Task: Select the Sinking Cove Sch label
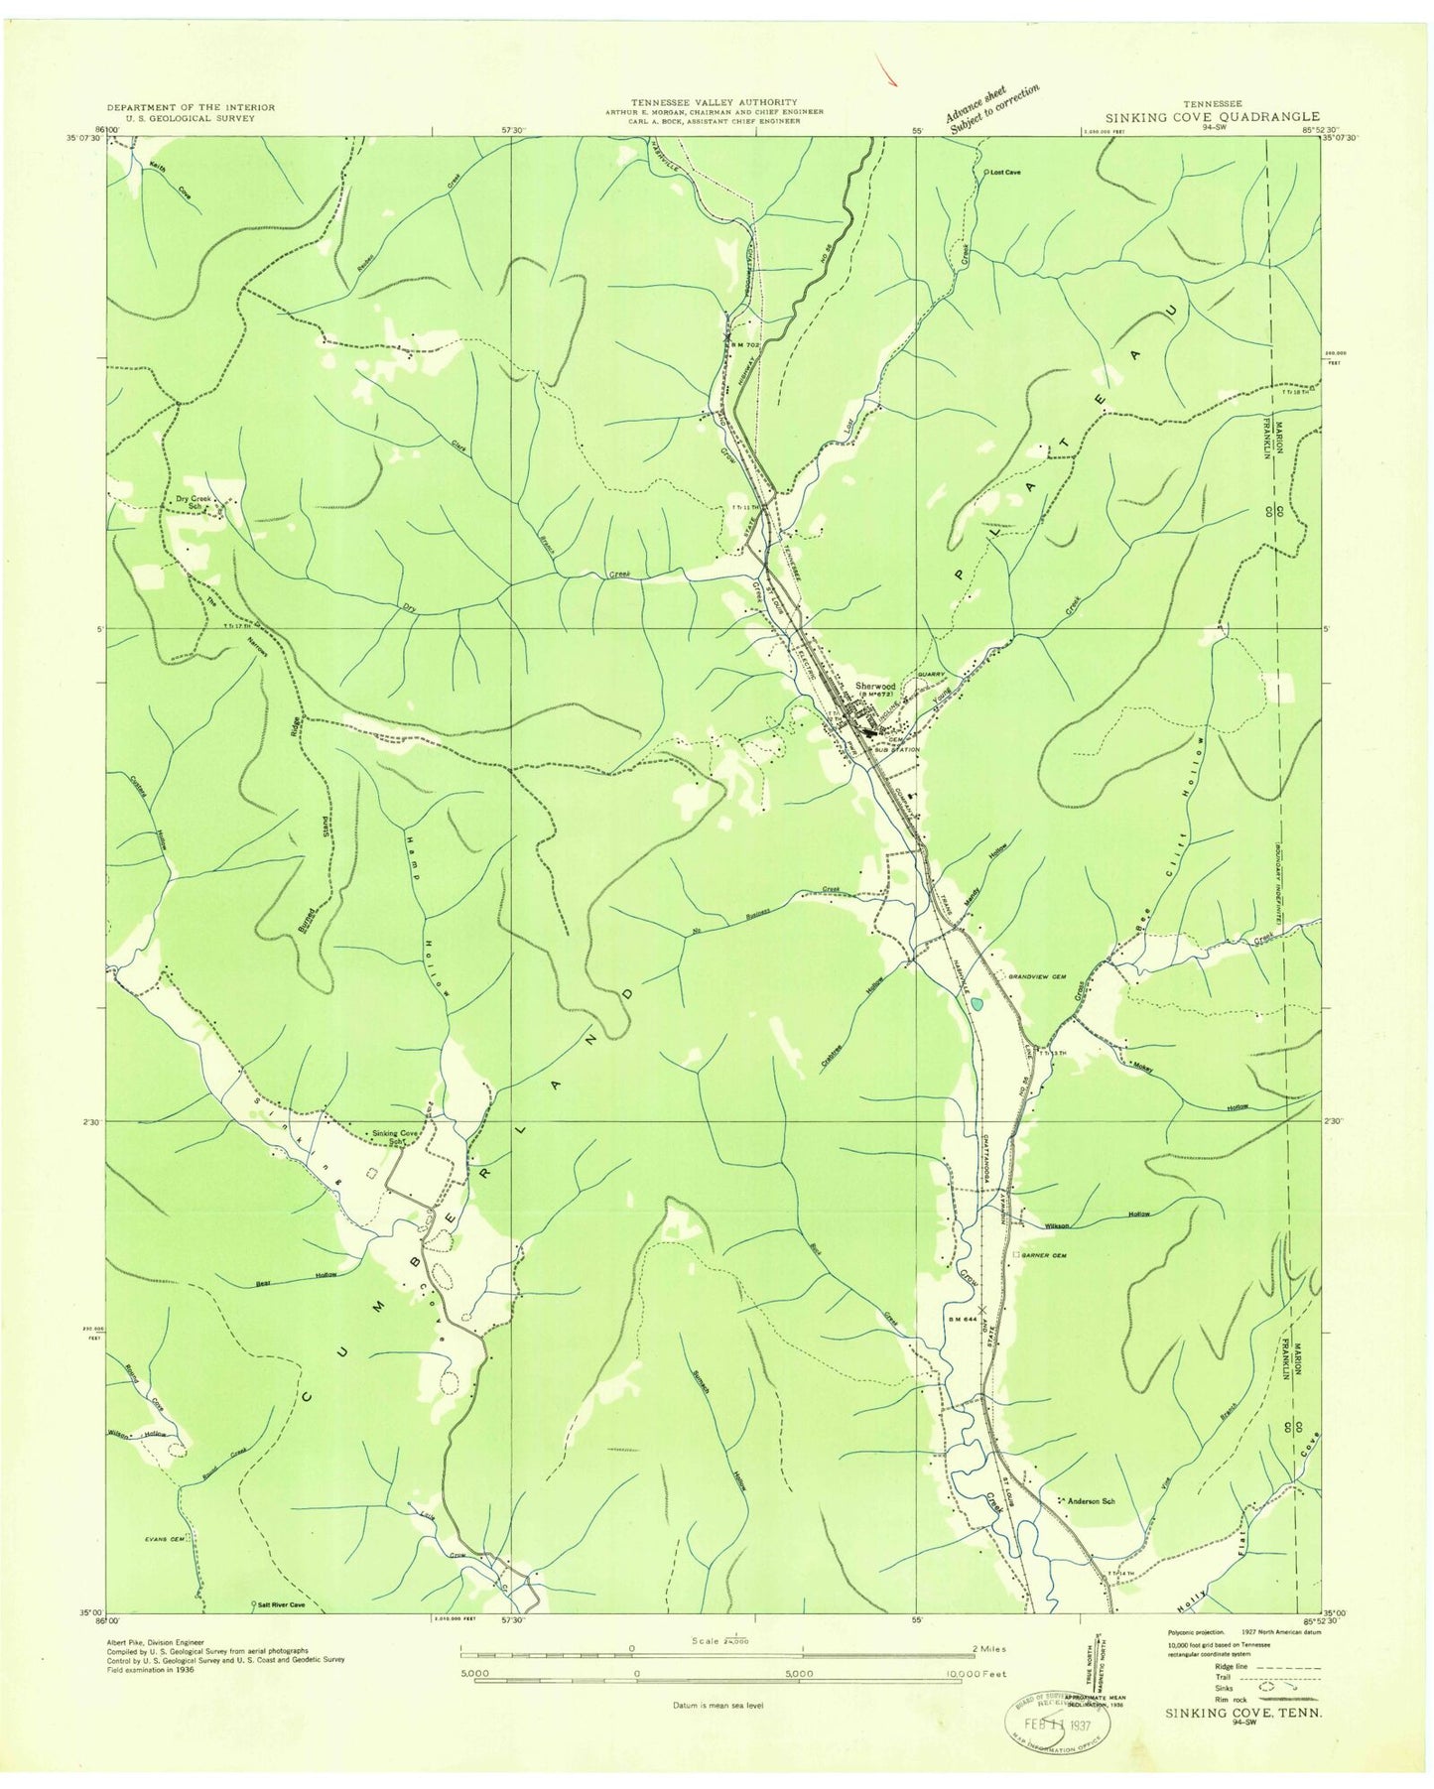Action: point(394,1135)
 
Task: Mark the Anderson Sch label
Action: point(1091,1502)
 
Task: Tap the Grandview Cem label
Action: point(1036,977)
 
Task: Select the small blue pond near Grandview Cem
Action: point(978,1004)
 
